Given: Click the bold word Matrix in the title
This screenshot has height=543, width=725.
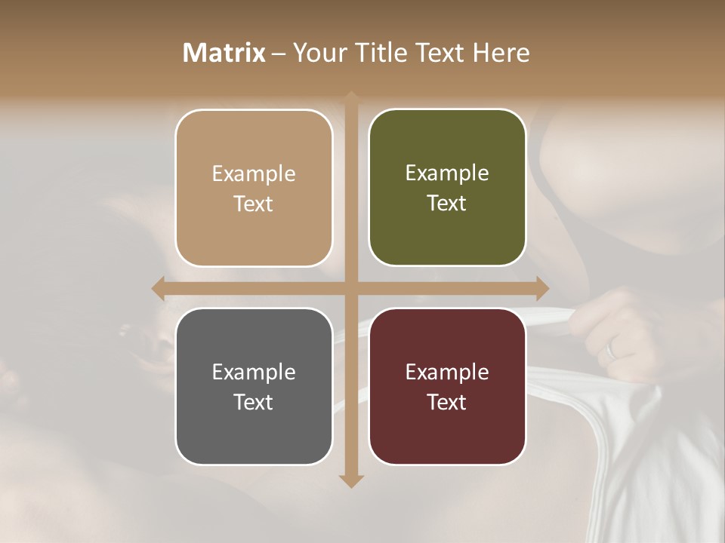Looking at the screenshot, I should [224, 53].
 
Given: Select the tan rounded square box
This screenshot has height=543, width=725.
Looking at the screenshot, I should [254, 188].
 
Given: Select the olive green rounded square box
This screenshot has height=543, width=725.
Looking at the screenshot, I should [447, 188].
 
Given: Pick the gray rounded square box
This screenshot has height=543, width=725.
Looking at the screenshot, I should [254, 386].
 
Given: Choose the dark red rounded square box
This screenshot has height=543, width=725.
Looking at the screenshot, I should [447, 386].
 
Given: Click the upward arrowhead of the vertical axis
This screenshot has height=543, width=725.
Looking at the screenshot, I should [351, 97].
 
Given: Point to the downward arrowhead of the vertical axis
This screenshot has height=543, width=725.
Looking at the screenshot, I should [351, 482].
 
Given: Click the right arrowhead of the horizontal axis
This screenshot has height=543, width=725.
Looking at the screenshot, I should [542, 288].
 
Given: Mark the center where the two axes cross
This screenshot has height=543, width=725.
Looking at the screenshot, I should [351, 288].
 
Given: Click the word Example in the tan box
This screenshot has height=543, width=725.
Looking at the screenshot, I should [254, 174].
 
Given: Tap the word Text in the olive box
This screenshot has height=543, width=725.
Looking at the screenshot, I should [447, 204].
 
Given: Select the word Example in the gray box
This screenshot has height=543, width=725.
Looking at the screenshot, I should [254, 373].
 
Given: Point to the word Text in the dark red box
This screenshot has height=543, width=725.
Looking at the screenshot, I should [447, 402].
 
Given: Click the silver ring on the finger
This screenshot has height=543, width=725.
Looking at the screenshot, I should [611, 348].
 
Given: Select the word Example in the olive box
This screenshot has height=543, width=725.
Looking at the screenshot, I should [447, 173].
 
